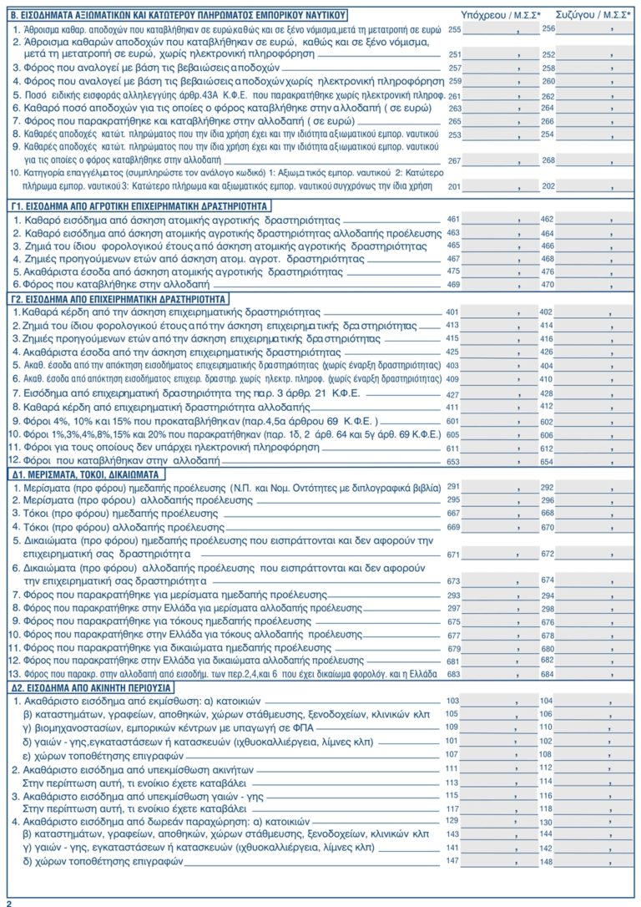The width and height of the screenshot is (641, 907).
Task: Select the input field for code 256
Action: tap(590, 28)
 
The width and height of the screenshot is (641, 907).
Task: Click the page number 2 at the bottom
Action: tap(9, 902)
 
